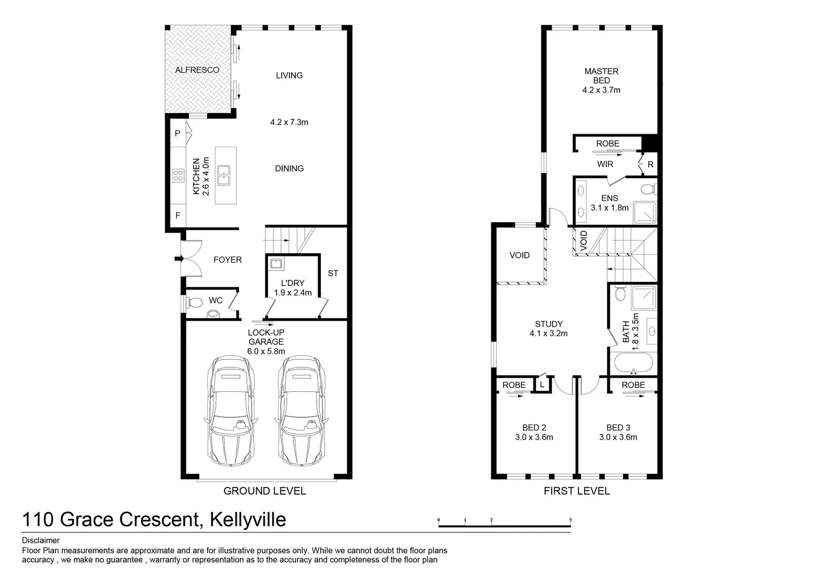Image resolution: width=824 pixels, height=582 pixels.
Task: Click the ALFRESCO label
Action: pos(197,70)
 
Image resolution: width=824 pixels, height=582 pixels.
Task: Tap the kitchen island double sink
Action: pos(224,175)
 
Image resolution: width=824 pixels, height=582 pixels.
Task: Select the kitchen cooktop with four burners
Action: pos(178,175)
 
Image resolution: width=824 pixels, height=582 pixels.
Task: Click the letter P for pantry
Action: pos(177,134)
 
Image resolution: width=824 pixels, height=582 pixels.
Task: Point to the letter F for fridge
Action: pos(177,216)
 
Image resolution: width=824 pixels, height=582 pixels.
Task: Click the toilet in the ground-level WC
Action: pos(194,303)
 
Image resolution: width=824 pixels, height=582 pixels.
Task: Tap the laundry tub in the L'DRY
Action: pos(276,264)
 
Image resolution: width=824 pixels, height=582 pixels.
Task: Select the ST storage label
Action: pos(333,273)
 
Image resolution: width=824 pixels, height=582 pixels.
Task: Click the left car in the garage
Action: pos(231,411)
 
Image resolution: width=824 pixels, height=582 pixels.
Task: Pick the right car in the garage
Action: pos(301,411)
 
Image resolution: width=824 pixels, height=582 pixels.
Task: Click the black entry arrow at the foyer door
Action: pos(179,259)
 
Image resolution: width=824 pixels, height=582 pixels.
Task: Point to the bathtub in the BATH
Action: pos(633,363)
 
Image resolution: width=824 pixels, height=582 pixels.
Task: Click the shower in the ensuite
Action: pos(645,212)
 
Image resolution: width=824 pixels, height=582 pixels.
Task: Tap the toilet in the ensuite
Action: pos(648,189)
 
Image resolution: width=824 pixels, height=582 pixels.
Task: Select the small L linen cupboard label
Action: pos(542,385)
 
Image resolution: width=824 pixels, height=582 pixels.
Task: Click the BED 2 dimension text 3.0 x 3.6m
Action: pos(534,437)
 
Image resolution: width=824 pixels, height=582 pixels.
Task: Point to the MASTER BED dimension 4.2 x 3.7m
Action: pos(601,90)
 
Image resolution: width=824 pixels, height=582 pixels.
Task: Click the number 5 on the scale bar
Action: pos(571,520)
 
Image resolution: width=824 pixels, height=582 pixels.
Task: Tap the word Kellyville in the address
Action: pos(248,519)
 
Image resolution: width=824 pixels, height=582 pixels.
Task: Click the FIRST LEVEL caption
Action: pos(577,491)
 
